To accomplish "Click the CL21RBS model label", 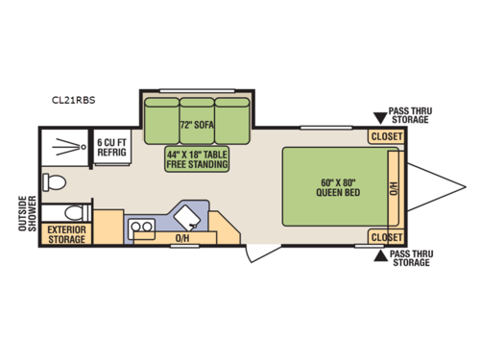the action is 74,100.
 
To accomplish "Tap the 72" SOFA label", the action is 197,125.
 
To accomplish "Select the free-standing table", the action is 197,159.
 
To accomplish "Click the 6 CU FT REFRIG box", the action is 112,147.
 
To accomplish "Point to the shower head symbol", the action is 70,147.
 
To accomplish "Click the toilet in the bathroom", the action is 55,182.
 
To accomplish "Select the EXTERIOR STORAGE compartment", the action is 66,234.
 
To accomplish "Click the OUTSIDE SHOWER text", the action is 27,213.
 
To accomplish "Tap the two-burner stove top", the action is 141,228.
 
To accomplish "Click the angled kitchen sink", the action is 187,218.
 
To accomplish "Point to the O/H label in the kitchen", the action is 182,238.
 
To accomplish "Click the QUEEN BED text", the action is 338,192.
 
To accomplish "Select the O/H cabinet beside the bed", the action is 395,188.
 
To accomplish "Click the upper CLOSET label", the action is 387,136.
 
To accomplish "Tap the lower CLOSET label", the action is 387,237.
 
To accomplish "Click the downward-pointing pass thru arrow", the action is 380,118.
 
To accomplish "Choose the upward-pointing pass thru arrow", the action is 381,256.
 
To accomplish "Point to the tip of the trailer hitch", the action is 466,187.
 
